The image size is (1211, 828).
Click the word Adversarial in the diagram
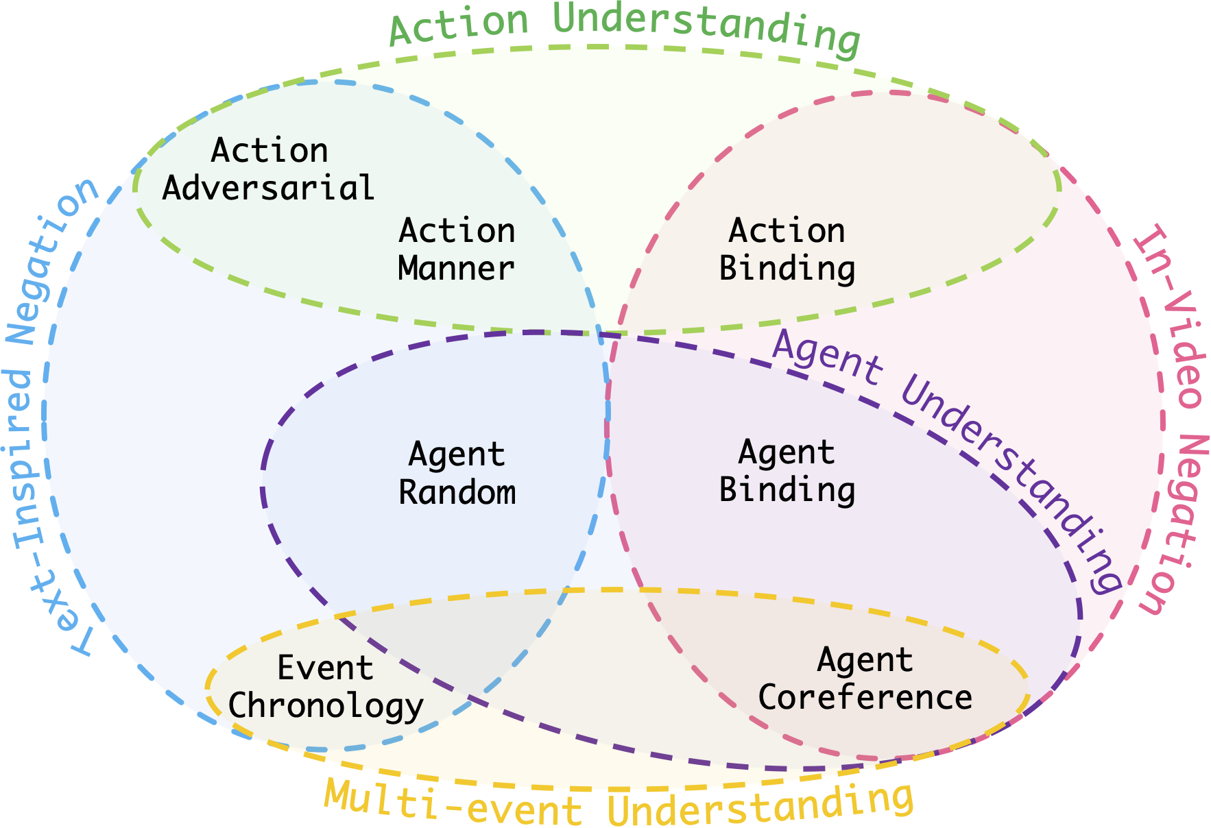pyautogui.click(x=268, y=188)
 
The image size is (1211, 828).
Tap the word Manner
pyautogui.click(x=456, y=268)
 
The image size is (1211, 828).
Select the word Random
pyautogui.click(x=457, y=492)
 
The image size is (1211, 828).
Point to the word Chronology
pyautogui.click(x=326, y=706)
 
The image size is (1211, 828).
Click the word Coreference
pyautogui.click(x=865, y=697)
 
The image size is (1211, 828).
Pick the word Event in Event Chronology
pyautogui.click(x=325, y=668)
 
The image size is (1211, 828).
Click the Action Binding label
pyautogui.click(x=787, y=249)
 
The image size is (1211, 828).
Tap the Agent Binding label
pyautogui.click(x=787, y=471)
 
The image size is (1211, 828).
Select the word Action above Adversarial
pyautogui.click(x=269, y=150)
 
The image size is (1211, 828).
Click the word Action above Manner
pyautogui.click(x=457, y=230)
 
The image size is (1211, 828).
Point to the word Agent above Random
pyautogui.click(x=457, y=454)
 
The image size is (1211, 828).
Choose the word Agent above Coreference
pyautogui.click(x=865, y=660)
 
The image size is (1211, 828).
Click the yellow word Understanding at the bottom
pyautogui.click(x=761, y=805)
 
